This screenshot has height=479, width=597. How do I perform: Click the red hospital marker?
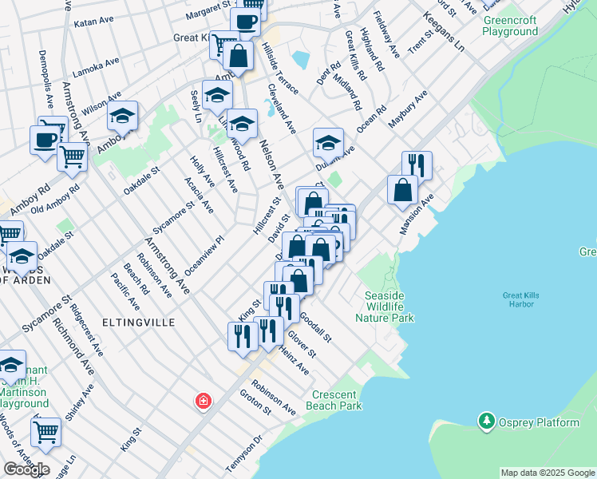click(x=203, y=401)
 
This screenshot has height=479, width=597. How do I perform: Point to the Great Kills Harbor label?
click(x=521, y=300)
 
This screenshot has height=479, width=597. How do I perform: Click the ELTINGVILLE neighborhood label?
click(x=132, y=322)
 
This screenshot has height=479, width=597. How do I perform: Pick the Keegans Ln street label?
click(x=444, y=32)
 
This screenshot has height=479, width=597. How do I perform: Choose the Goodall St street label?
click(x=316, y=328)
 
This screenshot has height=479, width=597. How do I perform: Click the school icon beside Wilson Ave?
click(x=123, y=117)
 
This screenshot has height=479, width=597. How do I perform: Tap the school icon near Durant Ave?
click(x=328, y=143)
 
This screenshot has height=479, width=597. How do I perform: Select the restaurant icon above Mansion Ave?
click(x=417, y=165)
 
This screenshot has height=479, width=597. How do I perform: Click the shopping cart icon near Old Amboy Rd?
click(x=72, y=156)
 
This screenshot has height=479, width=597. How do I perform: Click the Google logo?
click(x=26, y=469)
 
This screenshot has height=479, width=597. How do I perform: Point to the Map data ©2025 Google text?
click(x=547, y=473)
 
